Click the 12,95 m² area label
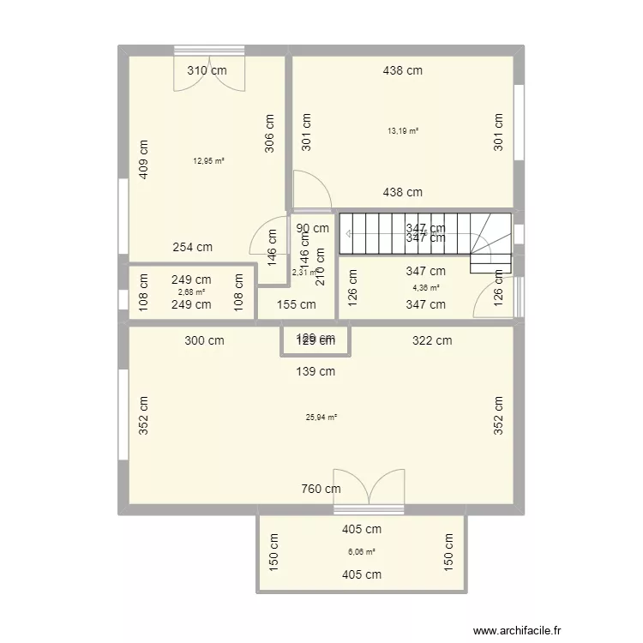tap(208, 160)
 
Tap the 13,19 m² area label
tap(403, 131)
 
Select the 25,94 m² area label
tap(321, 418)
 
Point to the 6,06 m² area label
tap(361, 552)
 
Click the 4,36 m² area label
tap(425, 288)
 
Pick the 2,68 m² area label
tap(191, 291)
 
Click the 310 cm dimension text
tap(208, 71)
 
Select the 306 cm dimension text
tap(269, 133)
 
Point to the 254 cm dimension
tap(192, 247)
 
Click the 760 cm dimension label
tap(321, 490)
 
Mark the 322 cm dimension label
tap(432, 340)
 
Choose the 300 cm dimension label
tap(204, 340)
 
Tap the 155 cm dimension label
tap(296, 304)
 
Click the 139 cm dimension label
tap(315, 371)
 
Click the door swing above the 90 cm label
tap(308, 190)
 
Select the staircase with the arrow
tap(425, 233)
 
